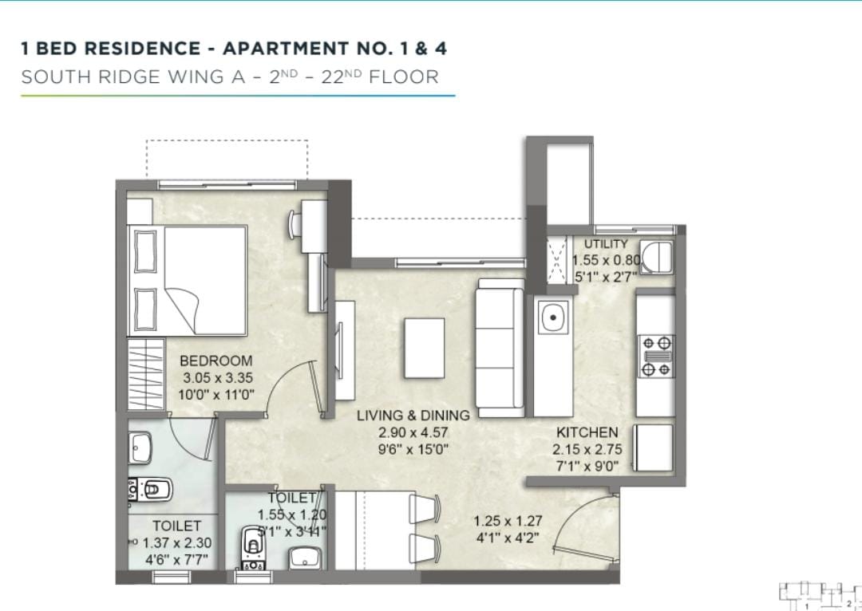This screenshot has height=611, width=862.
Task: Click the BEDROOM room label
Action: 216,361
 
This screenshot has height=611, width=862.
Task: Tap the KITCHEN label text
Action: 587,432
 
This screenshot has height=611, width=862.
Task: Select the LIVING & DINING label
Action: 413,416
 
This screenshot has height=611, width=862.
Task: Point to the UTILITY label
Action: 605,244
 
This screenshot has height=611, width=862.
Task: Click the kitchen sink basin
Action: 553,317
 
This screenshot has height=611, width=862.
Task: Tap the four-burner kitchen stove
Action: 656,356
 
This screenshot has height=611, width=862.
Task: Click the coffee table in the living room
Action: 425,349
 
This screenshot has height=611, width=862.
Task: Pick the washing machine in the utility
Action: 655,257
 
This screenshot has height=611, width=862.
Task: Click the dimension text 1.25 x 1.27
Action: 508,520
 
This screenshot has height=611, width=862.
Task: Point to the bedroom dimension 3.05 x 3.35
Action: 217,378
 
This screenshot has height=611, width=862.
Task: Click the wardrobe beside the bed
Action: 146,374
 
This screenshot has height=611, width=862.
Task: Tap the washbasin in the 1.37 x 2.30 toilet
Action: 140,447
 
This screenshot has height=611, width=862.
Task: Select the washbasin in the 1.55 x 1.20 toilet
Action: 304,558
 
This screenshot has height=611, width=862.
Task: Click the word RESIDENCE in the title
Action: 142,49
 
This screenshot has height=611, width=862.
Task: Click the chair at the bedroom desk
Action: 294,224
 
